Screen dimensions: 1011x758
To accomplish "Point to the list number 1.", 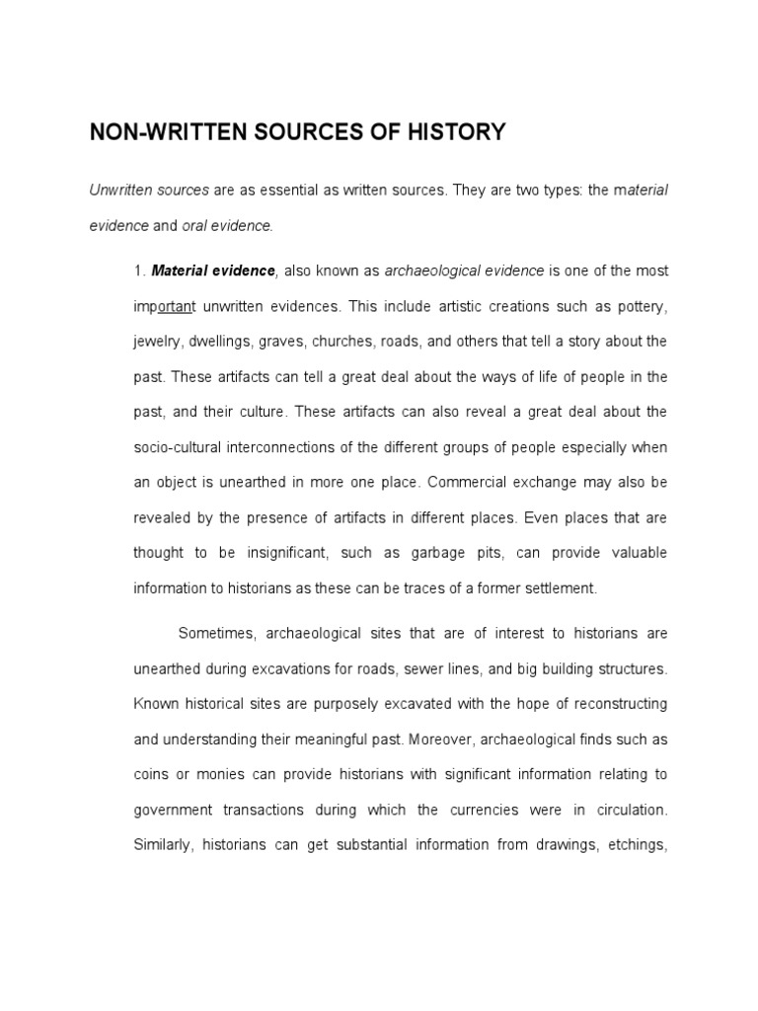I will [139, 271].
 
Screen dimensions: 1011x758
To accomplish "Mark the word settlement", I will [559, 588].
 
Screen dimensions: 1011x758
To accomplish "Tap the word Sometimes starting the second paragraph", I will [218, 633].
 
